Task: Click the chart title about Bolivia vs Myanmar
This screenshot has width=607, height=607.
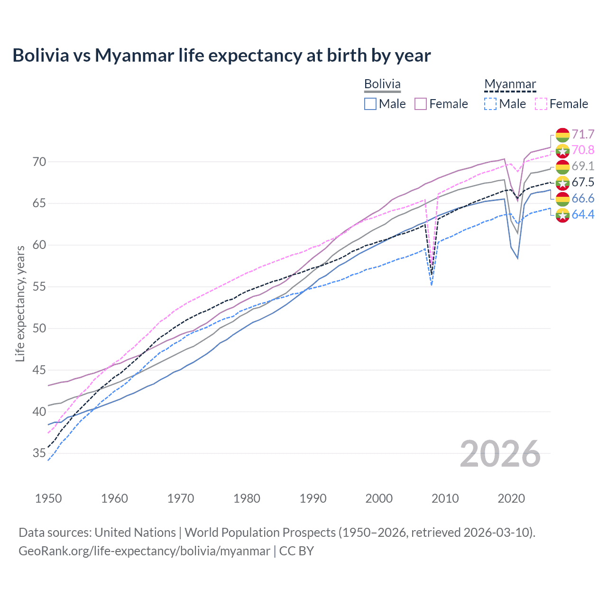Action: pyautogui.click(x=221, y=55)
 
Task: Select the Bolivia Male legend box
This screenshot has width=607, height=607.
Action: pyautogui.click(x=370, y=104)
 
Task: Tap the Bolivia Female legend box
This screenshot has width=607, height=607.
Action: pyautogui.click(x=421, y=104)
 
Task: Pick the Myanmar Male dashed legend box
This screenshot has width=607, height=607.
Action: pyautogui.click(x=490, y=104)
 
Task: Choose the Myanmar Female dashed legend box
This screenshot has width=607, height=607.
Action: pyautogui.click(x=541, y=104)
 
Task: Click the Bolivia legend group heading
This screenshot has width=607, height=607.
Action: pyautogui.click(x=382, y=84)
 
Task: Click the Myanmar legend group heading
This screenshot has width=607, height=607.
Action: pyautogui.click(x=510, y=84)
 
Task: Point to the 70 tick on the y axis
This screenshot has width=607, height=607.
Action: pyautogui.click(x=39, y=162)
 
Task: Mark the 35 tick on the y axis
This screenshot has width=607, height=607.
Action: pyautogui.click(x=39, y=453)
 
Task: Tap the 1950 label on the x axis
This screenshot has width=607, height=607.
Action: pyautogui.click(x=48, y=498)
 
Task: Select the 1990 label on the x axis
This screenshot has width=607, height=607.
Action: pyautogui.click(x=313, y=498)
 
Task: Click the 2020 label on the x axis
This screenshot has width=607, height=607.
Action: pyautogui.click(x=511, y=498)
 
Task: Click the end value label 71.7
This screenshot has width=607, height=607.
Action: pyautogui.click(x=583, y=135)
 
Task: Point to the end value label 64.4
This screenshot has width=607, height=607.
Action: pyautogui.click(x=583, y=214)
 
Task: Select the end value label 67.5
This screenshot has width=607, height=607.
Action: pyautogui.click(x=583, y=183)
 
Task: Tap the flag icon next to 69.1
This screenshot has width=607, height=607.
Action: pyautogui.click(x=562, y=166)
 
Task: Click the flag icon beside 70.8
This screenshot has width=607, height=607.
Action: pyautogui.click(x=562, y=151)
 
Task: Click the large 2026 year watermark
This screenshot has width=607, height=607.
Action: pyautogui.click(x=500, y=454)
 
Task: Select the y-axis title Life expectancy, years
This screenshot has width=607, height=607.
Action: pyautogui.click(x=20, y=303)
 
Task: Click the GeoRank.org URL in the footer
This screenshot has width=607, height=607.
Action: pyautogui.click(x=144, y=551)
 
